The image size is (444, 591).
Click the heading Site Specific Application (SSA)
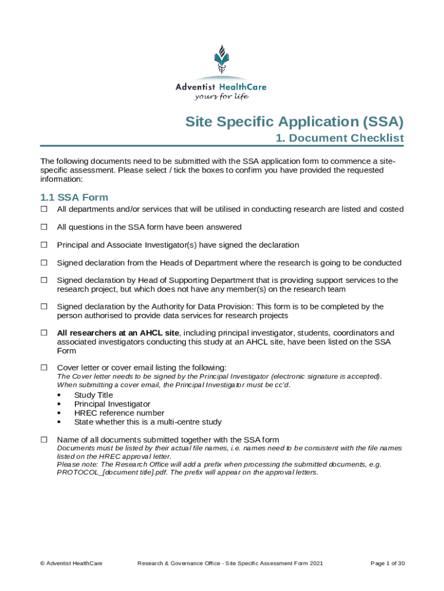pyautogui.click(x=294, y=122)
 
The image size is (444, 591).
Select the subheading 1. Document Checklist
pyautogui.click(x=339, y=139)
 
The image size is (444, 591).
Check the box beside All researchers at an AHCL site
pyautogui.click(x=43, y=333)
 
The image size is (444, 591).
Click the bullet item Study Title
pyautogui.click(x=93, y=395)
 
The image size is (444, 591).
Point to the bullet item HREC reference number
pyautogui.click(x=119, y=413)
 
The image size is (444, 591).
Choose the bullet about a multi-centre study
pyautogui.click(x=148, y=422)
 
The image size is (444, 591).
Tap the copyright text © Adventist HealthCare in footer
pyautogui.click(x=71, y=563)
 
